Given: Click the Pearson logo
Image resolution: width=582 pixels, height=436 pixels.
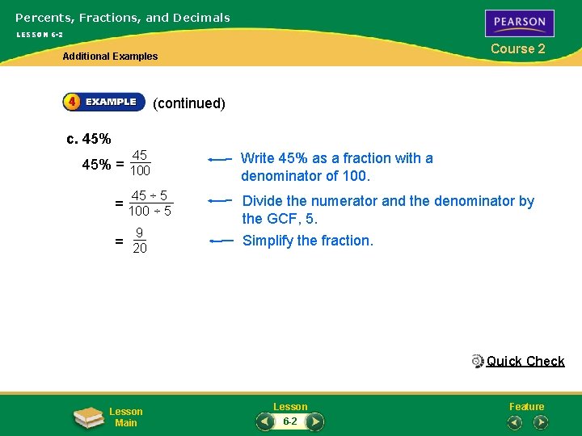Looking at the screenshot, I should [519, 23].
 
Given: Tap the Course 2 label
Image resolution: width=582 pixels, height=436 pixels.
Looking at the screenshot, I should [518, 48].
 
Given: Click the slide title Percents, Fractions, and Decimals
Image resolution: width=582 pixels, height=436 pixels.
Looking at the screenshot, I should [123, 17].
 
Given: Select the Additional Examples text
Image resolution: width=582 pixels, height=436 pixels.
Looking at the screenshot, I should [111, 57].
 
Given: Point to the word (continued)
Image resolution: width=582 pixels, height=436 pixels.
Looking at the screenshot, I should [189, 103].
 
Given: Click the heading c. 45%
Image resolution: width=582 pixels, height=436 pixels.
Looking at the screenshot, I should [89, 138].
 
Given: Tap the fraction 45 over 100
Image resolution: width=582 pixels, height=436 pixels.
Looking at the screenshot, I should [140, 163].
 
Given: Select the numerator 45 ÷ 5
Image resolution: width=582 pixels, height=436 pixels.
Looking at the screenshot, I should [150, 195].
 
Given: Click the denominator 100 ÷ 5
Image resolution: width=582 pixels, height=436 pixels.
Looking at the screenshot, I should [150, 212].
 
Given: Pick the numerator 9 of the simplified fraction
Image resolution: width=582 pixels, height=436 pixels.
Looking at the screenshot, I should [139, 233].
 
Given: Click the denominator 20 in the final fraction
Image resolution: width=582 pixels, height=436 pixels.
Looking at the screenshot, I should [139, 249].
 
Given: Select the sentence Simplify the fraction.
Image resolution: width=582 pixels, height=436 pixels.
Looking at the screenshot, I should [308, 241].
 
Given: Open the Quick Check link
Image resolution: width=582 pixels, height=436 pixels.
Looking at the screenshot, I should [525, 361].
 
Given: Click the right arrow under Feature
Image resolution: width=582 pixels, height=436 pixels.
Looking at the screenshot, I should [541, 421].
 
